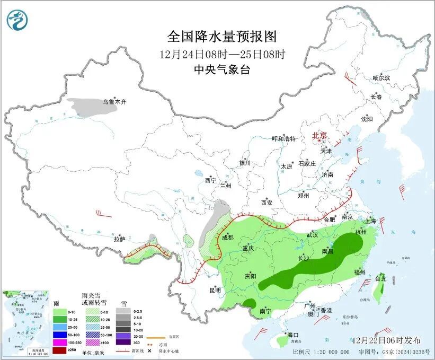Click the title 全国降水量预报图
point(222,37)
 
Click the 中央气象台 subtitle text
point(221,69)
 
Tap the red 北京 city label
point(320,135)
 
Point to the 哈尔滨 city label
point(381,78)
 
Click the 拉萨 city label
point(119,239)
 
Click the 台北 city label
point(381,278)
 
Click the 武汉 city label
point(312,234)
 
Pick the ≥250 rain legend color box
point(60,350)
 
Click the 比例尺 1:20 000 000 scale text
point(321,352)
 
